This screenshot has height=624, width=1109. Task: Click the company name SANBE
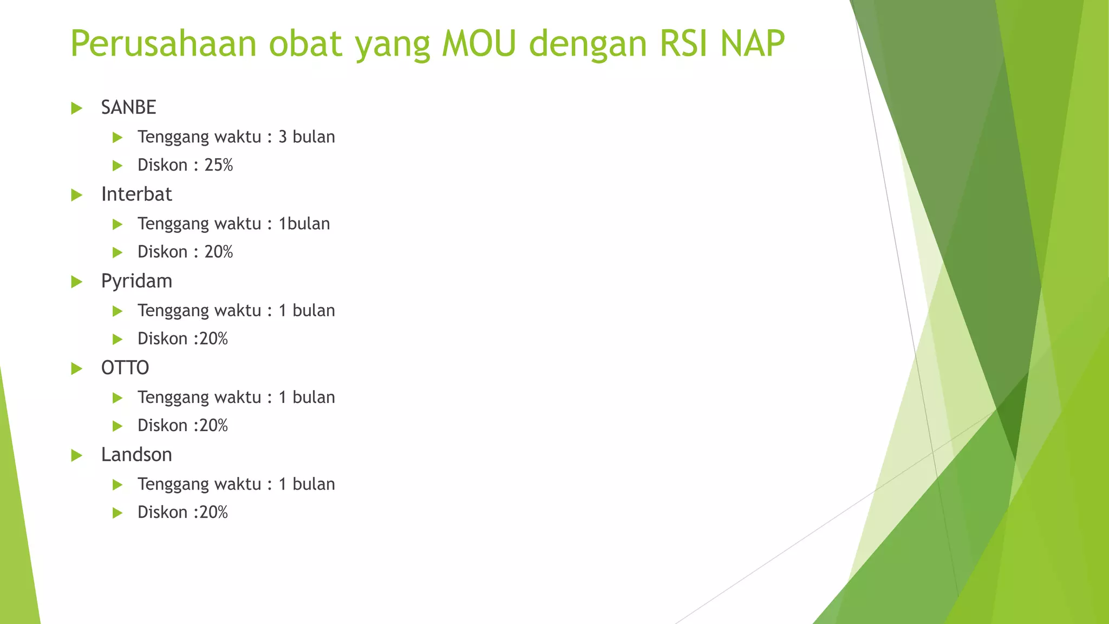click(x=128, y=107)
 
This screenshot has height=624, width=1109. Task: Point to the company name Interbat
click(x=136, y=194)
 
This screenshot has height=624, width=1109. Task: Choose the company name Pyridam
click(x=136, y=281)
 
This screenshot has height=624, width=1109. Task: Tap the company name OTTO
click(x=125, y=368)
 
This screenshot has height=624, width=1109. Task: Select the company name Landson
click(x=136, y=454)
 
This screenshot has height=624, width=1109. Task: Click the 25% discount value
click(x=219, y=165)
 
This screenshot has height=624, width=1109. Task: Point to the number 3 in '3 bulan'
click(x=283, y=136)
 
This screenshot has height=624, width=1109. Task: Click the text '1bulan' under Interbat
click(x=304, y=223)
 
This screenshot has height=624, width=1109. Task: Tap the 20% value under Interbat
click(x=219, y=251)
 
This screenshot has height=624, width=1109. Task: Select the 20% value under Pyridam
click(x=214, y=339)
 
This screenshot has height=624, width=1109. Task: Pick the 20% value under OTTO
click(x=214, y=425)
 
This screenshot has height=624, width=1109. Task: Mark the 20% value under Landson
click(x=214, y=512)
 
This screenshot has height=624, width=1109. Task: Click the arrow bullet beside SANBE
click(x=77, y=108)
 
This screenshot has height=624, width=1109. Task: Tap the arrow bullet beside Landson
click(x=77, y=455)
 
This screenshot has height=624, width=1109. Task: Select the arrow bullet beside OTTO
click(x=77, y=368)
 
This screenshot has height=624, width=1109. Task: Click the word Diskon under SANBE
click(x=162, y=165)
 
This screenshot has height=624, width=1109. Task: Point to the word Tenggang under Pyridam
click(x=173, y=310)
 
